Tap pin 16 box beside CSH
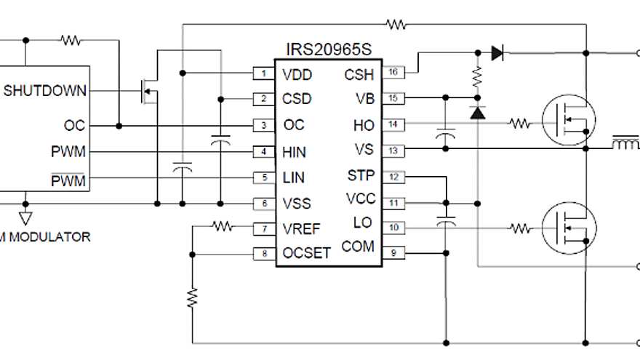[393, 72]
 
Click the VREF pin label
[301, 229]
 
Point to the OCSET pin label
[306, 254]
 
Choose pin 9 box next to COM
[393, 253]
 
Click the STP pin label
[360, 176]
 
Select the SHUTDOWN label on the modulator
[45, 91]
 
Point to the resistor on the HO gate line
[520, 124]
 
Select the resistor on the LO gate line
[520, 228]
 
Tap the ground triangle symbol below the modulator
[25, 217]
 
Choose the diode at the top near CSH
[497, 52]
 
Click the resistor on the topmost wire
[396, 25]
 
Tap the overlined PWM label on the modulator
[70, 178]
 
